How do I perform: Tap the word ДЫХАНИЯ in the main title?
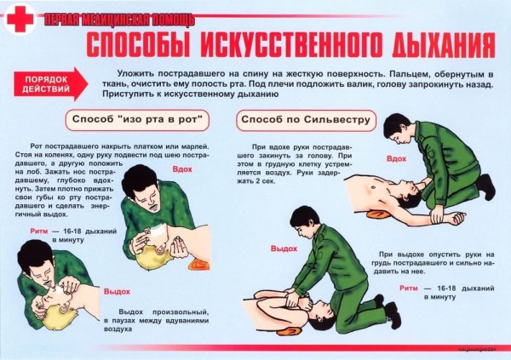(x=439, y=44)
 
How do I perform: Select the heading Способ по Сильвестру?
(x=306, y=120)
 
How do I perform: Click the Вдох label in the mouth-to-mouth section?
(x=181, y=169)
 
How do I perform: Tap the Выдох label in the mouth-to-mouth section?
(x=117, y=291)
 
